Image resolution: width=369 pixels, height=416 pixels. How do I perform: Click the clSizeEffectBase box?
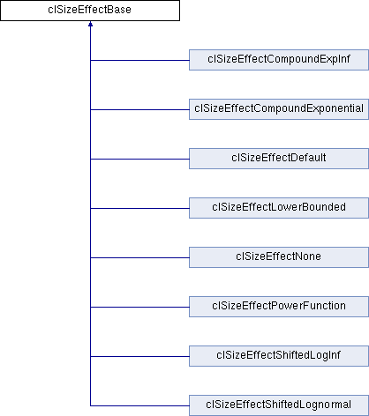pos(90,11)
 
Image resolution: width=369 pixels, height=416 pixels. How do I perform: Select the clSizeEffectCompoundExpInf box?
pos(279,60)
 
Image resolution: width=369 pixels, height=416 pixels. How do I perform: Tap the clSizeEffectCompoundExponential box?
pos(279,109)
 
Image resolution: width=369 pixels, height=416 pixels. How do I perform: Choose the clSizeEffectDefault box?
pos(279,159)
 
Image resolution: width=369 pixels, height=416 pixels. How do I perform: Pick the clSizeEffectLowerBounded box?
pos(279,208)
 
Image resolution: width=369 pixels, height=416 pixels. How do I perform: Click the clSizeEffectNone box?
pos(279,257)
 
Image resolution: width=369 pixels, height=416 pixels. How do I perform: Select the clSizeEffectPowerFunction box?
pos(279,307)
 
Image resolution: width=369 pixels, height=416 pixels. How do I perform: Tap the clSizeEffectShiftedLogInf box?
pos(279,356)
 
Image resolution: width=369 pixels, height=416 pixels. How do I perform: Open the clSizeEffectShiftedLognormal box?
pos(279,405)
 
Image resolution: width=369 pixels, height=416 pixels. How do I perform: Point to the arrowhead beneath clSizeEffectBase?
pos(90,24)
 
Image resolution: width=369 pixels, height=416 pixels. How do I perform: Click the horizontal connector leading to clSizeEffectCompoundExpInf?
pos(139,60)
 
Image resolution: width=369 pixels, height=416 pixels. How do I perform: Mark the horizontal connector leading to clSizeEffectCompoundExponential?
pos(139,109)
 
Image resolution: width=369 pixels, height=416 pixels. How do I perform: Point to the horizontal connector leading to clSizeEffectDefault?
pos(139,159)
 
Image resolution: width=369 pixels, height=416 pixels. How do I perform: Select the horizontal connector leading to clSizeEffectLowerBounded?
pos(139,208)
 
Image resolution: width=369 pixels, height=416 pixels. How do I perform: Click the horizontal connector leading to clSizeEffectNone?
pos(139,257)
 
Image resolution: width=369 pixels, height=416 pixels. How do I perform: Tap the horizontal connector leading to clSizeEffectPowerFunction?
pos(139,307)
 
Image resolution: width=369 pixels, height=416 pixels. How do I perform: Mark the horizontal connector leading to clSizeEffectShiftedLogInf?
pos(139,356)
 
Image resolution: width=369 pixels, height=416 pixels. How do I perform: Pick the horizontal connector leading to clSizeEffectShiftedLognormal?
pos(139,405)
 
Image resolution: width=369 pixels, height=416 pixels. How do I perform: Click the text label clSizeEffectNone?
pos(278,256)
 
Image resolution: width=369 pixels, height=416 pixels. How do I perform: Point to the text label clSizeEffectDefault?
pos(279,158)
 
